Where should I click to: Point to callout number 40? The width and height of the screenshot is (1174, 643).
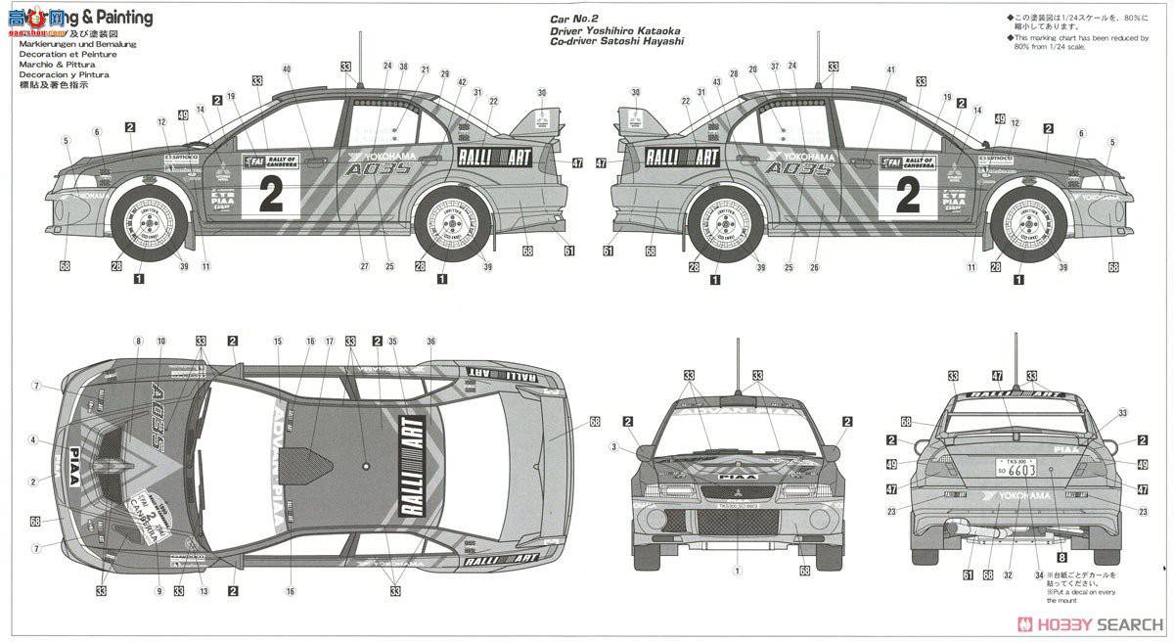click(287, 69)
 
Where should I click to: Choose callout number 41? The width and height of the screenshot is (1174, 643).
click(890, 69)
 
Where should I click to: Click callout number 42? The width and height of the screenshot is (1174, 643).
click(462, 82)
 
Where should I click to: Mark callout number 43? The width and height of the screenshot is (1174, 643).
click(717, 82)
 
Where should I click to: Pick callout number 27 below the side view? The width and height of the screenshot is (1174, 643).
click(364, 267)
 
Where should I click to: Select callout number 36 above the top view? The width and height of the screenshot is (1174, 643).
click(430, 341)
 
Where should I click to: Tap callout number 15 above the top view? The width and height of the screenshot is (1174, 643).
click(278, 341)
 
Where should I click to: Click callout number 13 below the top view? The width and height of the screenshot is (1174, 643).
click(203, 591)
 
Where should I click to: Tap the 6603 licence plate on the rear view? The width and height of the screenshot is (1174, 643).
click(1016, 470)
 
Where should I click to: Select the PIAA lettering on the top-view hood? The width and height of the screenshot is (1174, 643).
click(87, 454)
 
